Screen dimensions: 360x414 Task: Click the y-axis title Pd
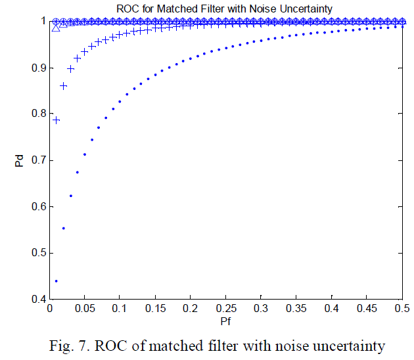point(20,160)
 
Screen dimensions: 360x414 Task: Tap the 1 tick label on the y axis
point(42,21)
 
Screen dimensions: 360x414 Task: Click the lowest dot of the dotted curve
point(57,281)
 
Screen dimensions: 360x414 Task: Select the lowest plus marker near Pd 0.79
point(57,120)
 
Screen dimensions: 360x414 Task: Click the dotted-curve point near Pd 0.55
point(64,228)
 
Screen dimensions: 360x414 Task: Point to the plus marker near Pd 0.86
point(64,86)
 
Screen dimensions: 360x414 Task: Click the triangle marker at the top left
point(57,28)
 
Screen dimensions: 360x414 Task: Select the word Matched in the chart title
point(176,8)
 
